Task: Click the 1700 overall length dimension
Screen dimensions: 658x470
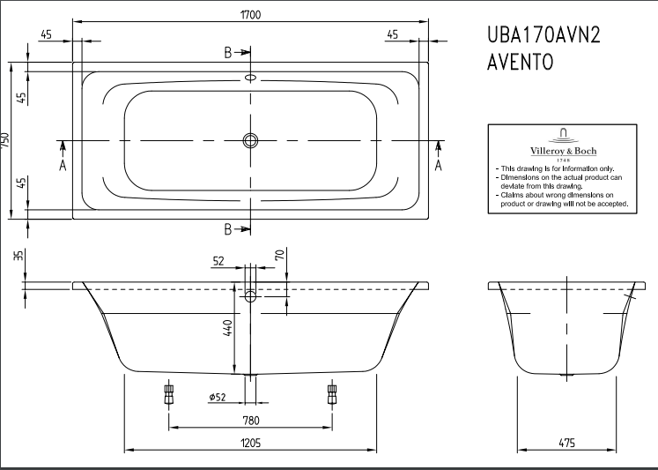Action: point(250,15)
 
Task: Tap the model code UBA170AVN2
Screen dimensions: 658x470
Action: point(543,35)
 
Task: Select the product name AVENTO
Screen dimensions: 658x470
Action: point(521,62)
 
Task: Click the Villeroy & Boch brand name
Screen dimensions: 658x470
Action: point(563,151)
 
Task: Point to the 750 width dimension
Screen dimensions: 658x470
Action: point(4,140)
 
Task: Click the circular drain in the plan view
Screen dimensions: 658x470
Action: point(250,141)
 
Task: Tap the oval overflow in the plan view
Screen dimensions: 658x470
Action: point(250,78)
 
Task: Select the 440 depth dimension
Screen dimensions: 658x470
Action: point(227,328)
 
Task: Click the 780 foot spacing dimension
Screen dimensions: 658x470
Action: point(250,421)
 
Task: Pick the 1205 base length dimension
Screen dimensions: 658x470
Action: point(250,443)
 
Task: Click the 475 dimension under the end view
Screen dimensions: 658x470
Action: point(567,443)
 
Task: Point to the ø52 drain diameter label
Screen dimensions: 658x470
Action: point(218,397)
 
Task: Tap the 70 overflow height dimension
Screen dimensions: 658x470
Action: point(280,254)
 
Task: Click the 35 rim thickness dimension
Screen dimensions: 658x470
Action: point(18,255)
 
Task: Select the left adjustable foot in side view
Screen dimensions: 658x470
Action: point(169,394)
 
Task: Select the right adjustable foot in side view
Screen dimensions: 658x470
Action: point(331,394)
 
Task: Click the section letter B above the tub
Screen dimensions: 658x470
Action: point(228,53)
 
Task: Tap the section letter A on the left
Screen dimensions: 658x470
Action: point(63,166)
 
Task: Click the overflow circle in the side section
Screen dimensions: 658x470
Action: point(250,296)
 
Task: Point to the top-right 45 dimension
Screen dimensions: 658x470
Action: point(392,34)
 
